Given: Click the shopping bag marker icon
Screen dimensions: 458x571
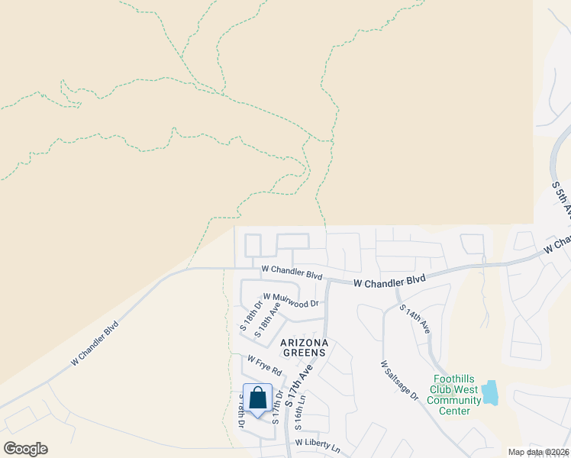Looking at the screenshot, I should pos(257,398).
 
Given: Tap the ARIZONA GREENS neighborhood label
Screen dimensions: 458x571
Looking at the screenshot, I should pos(305,347).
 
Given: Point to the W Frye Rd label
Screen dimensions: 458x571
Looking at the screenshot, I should pos(265,364).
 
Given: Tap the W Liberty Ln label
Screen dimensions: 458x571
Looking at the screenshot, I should pos(317,445).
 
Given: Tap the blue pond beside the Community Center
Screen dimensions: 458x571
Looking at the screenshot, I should pos(489,392).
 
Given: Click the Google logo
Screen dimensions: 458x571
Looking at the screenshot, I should pos(25,449).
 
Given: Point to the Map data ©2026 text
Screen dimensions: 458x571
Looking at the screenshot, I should pos(537,452).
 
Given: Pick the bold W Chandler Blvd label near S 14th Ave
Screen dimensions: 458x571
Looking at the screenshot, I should pos(389,282).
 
